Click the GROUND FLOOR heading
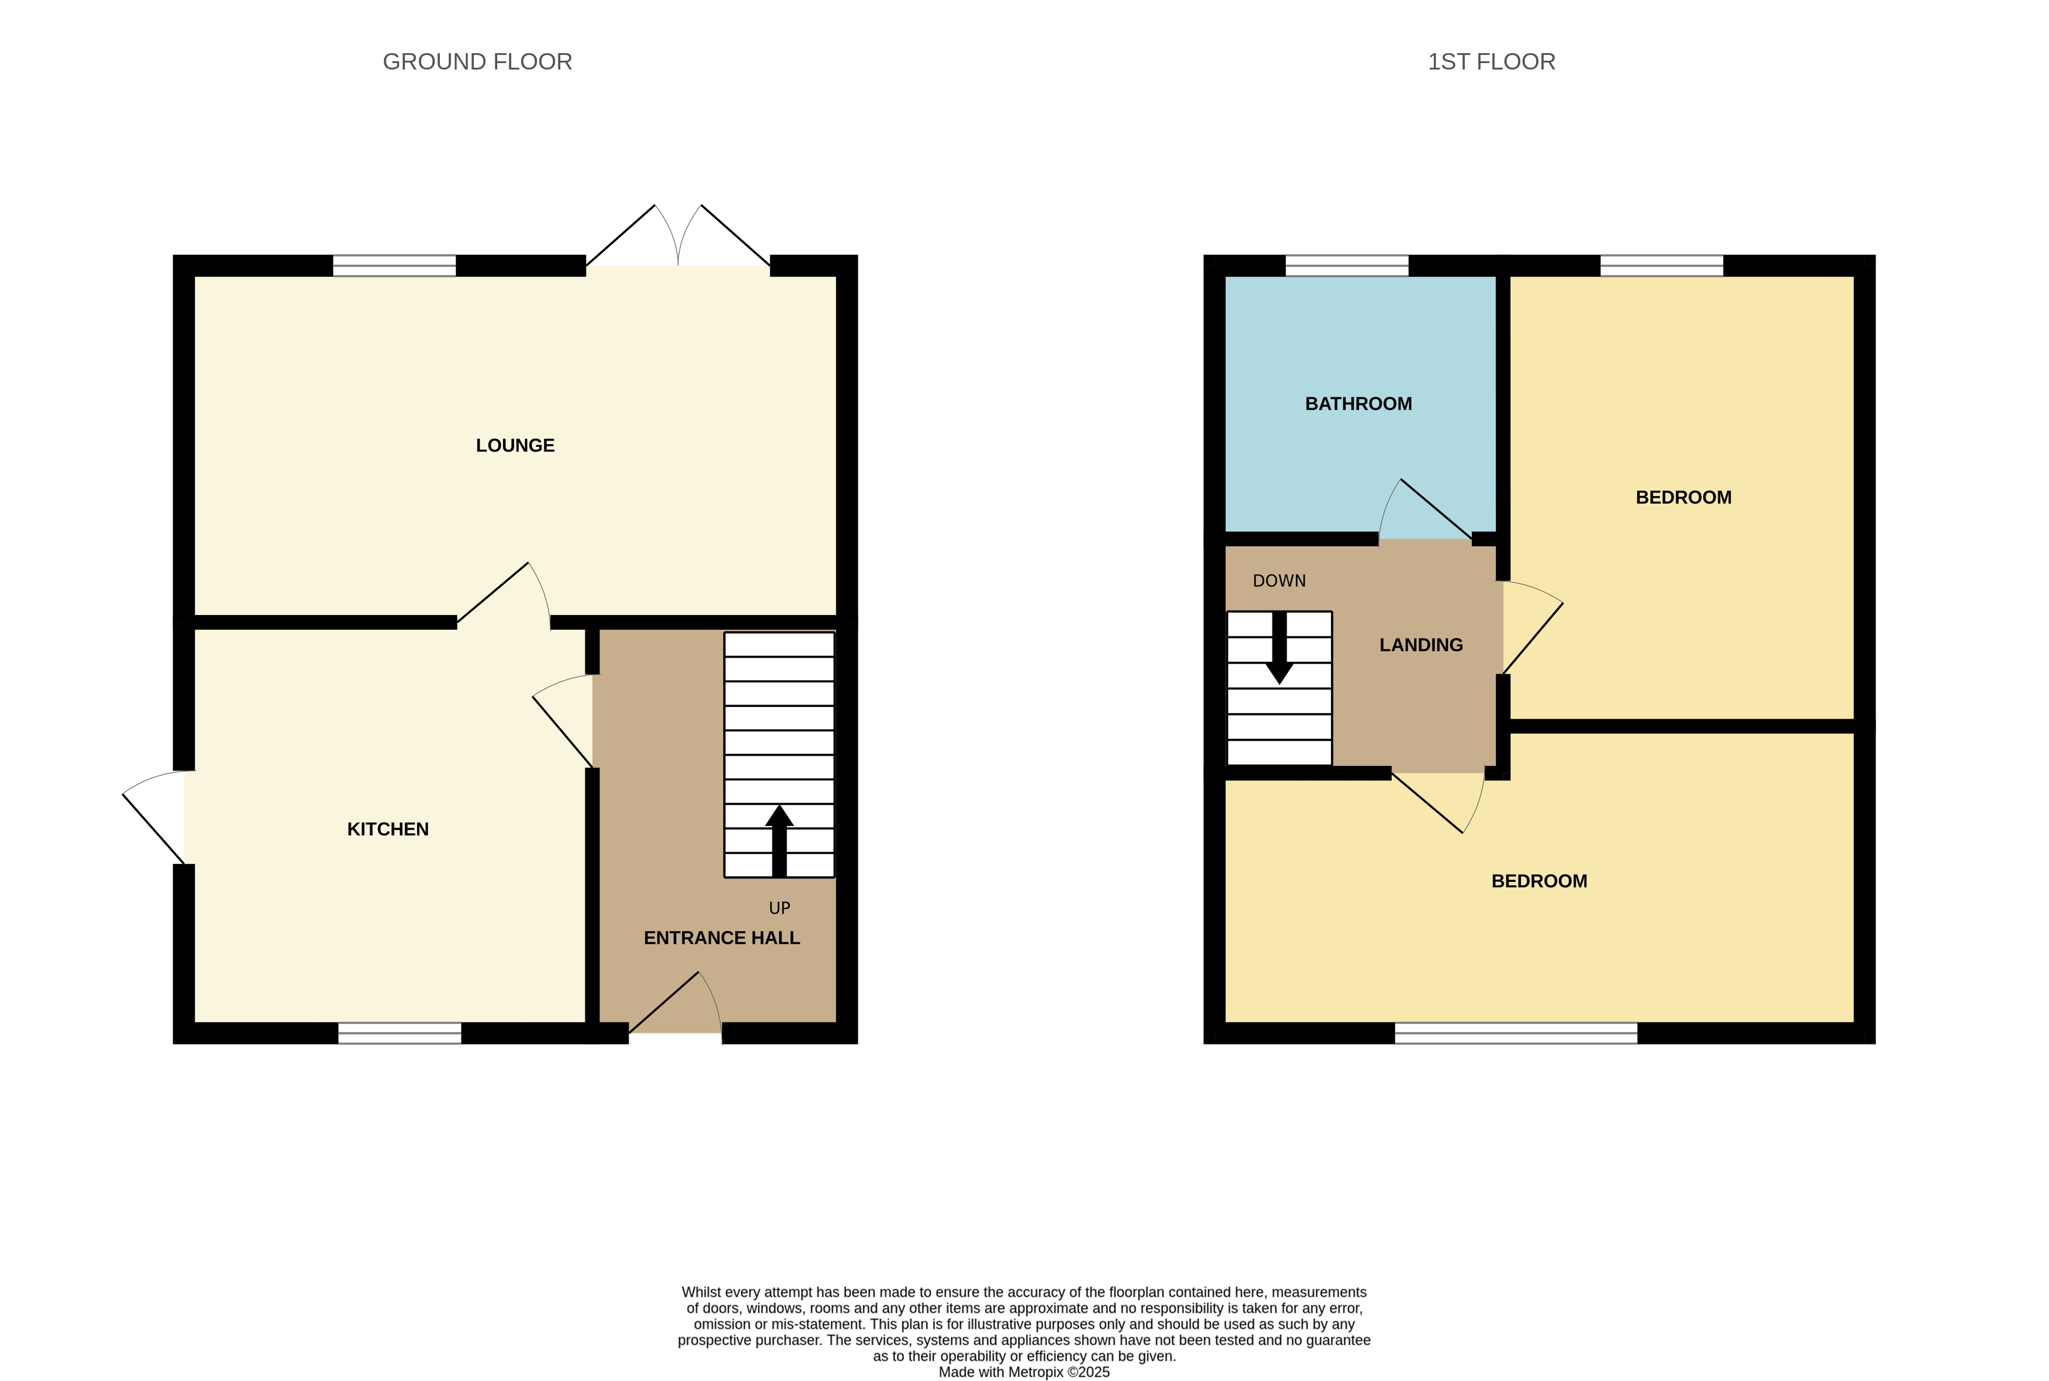pos(477,62)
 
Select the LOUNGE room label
pos(515,446)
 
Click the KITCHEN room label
pos(387,829)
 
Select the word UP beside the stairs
pos(779,908)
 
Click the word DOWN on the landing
pos(1278,581)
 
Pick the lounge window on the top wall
pos(394,265)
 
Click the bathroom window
pos(1346,265)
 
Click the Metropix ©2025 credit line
pos(1024,1371)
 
